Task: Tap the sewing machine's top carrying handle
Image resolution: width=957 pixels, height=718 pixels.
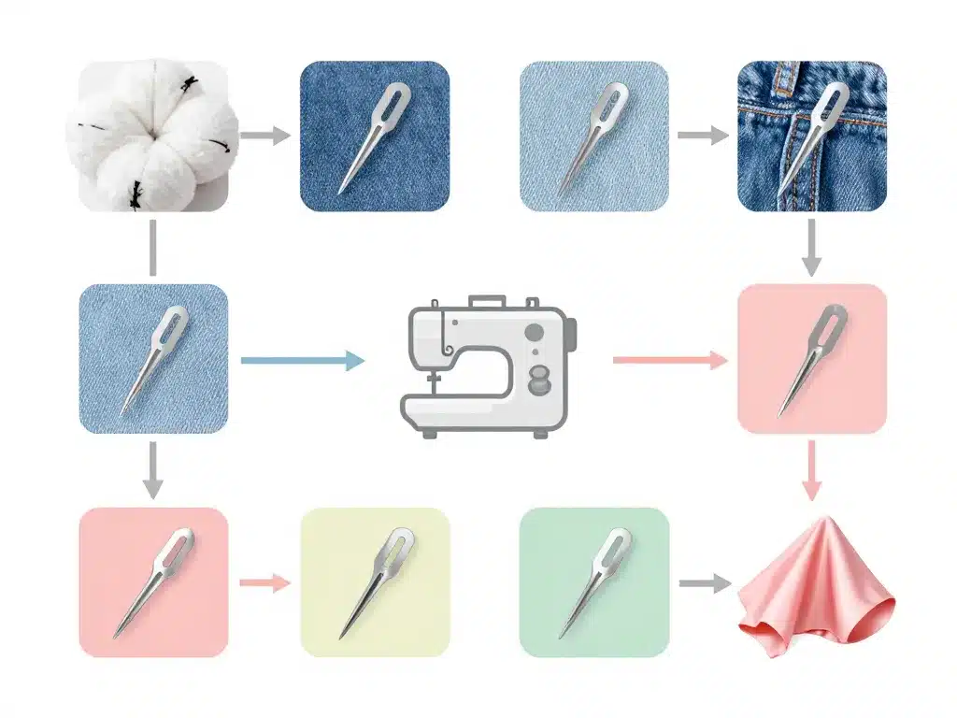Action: click(x=485, y=302)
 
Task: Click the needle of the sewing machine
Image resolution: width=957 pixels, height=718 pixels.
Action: click(x=433, y=383)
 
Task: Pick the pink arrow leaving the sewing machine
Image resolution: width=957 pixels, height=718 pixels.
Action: click(x=669, y=360)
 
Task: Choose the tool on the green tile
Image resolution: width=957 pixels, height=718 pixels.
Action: click(x=594, y=582)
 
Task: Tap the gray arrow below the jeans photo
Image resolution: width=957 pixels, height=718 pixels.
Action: click(x=811, y=246)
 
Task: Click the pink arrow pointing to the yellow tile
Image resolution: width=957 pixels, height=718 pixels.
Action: click(x=266, y=582)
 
